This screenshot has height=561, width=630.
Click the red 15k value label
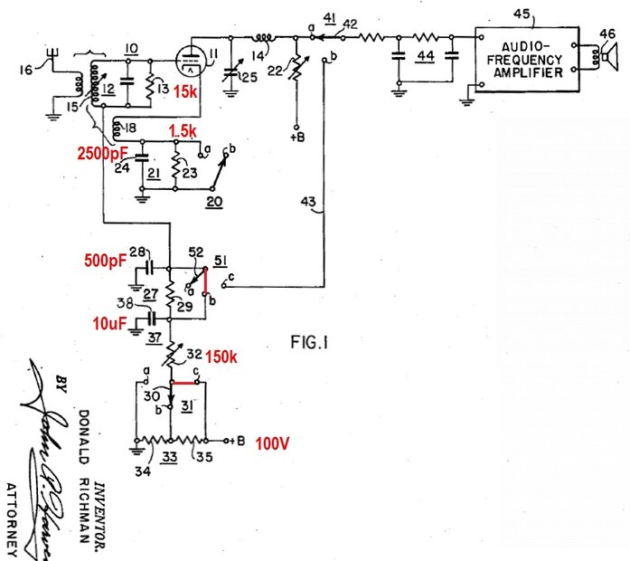click(186, 91)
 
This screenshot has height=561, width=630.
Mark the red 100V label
click(269, 442)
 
